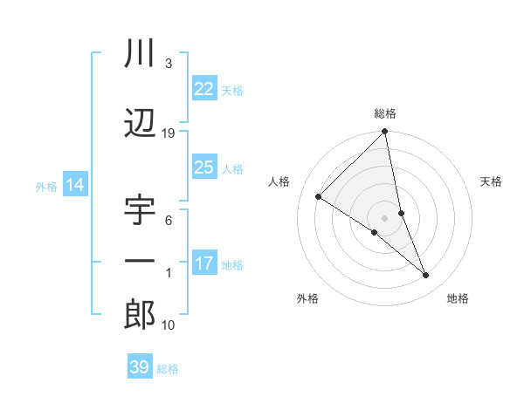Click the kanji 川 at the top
[140, 55]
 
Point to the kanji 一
[140, 262]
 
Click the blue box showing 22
[204, 89]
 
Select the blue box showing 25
[204, 167]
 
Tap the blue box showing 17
[204, 263]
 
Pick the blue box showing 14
[74, 185]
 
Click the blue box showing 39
[139, 367]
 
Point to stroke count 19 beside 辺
[169, 133]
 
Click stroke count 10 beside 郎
[169, 325]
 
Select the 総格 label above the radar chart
[385, 113]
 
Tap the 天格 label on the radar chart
[492, 181]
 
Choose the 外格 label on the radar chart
[307, 298]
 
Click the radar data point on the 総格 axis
[385, 133]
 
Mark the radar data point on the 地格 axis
[426, 275]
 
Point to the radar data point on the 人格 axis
[319, 197]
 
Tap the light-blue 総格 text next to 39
[168, 369]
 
